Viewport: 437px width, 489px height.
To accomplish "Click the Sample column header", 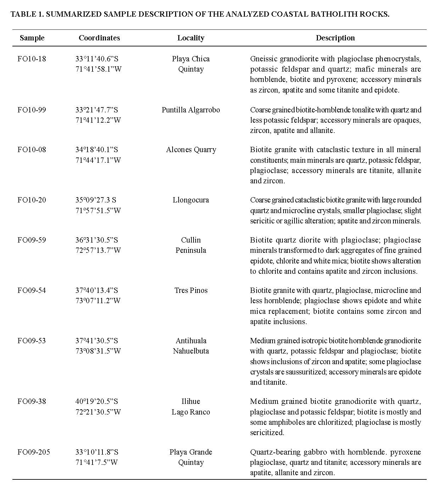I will click(x=32, y=38).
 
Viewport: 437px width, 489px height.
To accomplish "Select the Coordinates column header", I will click(x=99, y=38).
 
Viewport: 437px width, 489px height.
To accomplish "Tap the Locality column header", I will click(x=191, y=38).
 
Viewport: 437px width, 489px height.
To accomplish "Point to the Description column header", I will click(x=335, y=38).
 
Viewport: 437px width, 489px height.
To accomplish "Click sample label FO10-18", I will click(x=32, y=59).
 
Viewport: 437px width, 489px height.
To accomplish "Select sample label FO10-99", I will click(x=32, y=110).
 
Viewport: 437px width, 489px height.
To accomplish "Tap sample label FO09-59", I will click(x=32, y=240).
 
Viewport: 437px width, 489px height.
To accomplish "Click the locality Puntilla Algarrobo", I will click(x=191, y=110).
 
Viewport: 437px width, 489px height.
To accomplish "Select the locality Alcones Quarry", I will click(x=191, y=150).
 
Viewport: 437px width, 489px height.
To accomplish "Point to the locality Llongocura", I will click(x=191, y=200).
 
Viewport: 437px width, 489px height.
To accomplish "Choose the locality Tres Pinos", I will click(x=191, y=290).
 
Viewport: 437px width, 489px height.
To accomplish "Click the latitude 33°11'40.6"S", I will click(x=97, y=59).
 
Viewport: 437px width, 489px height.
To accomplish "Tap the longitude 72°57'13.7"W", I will click(x=98, y=250).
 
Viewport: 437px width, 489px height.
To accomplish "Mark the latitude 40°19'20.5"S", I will click(x=97, y=401).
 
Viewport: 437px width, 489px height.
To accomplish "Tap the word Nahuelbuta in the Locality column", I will click(x=191, y=351).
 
